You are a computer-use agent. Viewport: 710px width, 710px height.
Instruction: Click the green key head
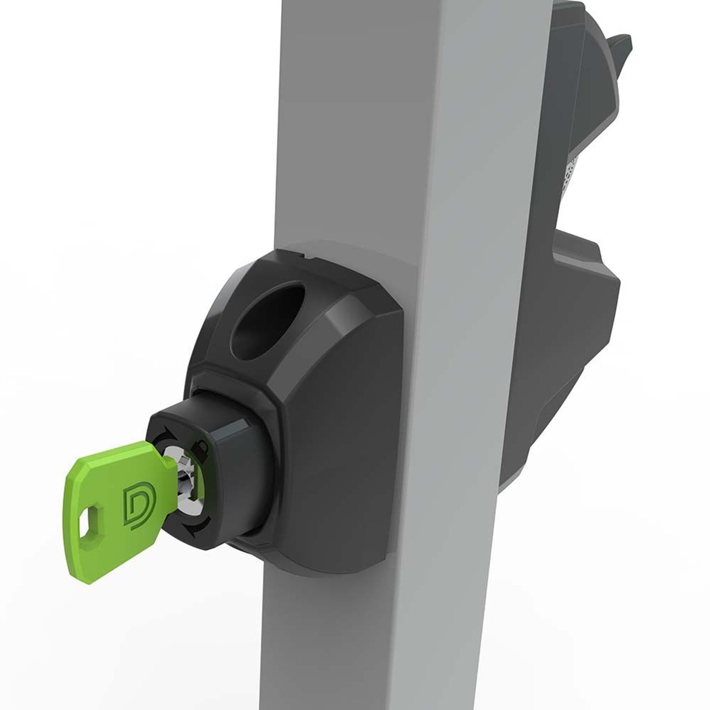tap(114, 500)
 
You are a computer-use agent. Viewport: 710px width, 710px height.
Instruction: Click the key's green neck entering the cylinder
tap(163, 466)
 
